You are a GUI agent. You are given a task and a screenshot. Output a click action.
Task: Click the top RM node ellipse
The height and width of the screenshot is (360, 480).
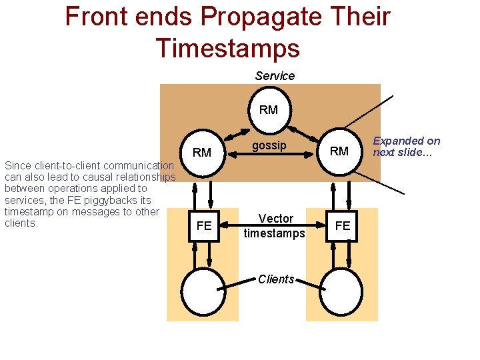(x=268, y=110)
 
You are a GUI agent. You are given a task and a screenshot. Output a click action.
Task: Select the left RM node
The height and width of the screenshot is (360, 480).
(x=201, y=153)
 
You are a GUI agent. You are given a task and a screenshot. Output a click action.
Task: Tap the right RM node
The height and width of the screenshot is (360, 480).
(x=339, y=151)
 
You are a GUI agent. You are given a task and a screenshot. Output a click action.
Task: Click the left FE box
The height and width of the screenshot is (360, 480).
(x=204, y=226)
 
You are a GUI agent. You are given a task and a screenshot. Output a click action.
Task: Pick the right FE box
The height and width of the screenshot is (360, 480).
(x=343, y=226)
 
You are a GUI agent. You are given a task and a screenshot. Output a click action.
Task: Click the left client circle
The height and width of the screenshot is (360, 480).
(x=204, y=292)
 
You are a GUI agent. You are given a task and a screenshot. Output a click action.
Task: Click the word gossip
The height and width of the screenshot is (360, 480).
(x=269, y=145)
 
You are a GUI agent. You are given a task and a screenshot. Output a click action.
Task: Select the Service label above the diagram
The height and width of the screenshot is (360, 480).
(x=275, y=76)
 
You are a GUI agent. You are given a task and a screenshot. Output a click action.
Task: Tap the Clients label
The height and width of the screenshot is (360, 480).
(x=276, y=279)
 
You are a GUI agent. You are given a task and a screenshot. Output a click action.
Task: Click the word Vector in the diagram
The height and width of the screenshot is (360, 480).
(x=276, y=219)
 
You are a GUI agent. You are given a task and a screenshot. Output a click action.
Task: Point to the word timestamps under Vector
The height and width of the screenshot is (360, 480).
(x=274, y=233)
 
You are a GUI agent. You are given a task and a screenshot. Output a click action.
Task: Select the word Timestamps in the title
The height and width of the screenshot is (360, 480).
(x=227, y=47)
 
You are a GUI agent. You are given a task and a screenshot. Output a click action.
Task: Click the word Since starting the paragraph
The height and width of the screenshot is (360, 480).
(x=17, y=165)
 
